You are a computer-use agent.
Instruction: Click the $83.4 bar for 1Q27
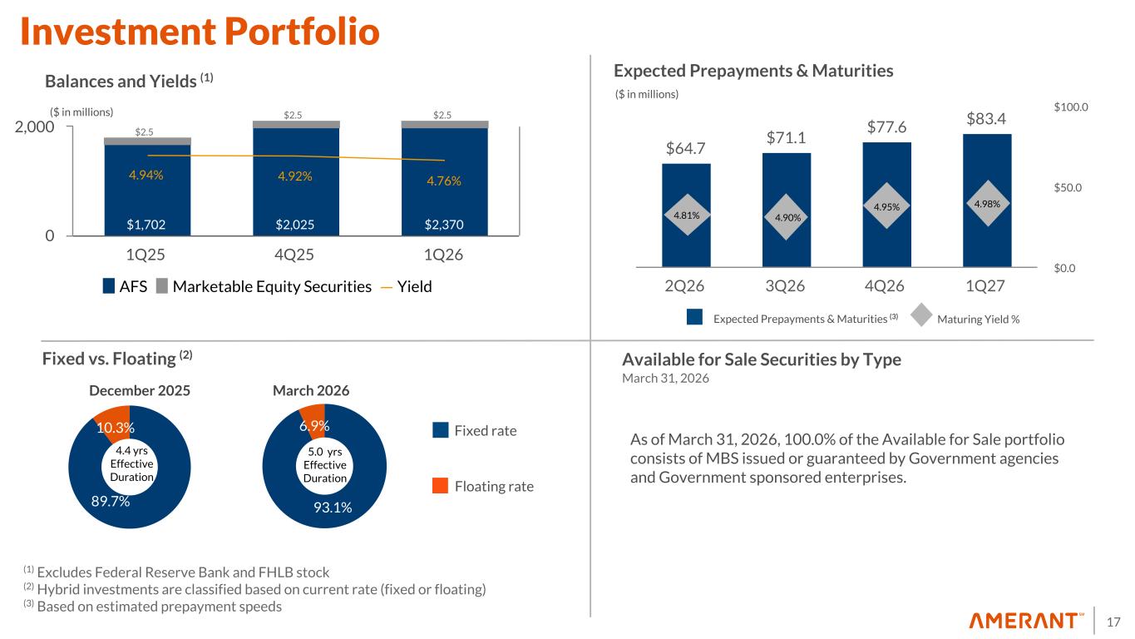[987, 241]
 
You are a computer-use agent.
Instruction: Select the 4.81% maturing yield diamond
[686, 215]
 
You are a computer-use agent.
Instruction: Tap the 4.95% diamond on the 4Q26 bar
[886, 205]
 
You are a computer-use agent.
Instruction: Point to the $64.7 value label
[686, 149]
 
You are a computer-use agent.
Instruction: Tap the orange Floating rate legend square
[441, 486]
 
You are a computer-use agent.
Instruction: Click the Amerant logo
[1027, 622]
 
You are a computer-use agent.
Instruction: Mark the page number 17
[1114, 622]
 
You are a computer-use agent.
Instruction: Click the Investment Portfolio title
[200, 32]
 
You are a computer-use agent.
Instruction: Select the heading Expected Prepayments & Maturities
[753, 72]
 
